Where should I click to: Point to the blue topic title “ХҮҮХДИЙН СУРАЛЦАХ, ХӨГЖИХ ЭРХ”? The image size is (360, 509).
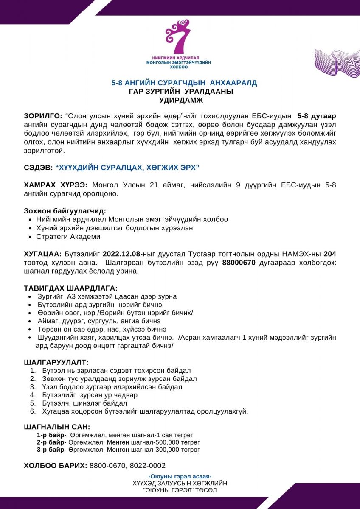click(x=127, y=168)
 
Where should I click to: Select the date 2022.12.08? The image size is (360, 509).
click(x=122, y=254)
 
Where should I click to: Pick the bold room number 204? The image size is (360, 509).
click(x=330, y=254)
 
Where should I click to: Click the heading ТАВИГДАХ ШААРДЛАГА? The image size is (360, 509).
click(x=71, y=288)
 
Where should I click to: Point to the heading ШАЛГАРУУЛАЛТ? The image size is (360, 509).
click(x=56, y=363)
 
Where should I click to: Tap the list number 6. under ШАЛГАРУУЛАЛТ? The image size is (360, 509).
click(x=33, y=411)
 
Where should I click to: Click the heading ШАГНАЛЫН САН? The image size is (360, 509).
click(x=57, y=427)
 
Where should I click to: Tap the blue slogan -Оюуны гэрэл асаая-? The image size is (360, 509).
click(x=180, y=476)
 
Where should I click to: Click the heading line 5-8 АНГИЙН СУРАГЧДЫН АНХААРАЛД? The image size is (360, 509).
click(x=184, y=83)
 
